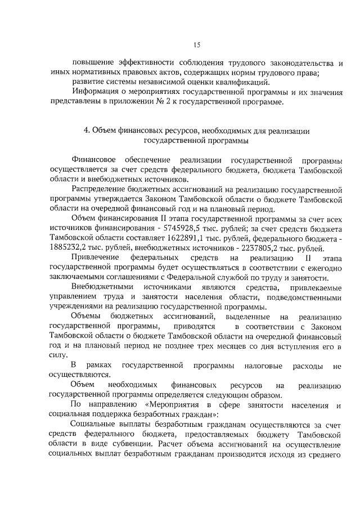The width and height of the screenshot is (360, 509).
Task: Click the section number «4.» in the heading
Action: [87, 130]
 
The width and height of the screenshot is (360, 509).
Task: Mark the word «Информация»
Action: [96, 92]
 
